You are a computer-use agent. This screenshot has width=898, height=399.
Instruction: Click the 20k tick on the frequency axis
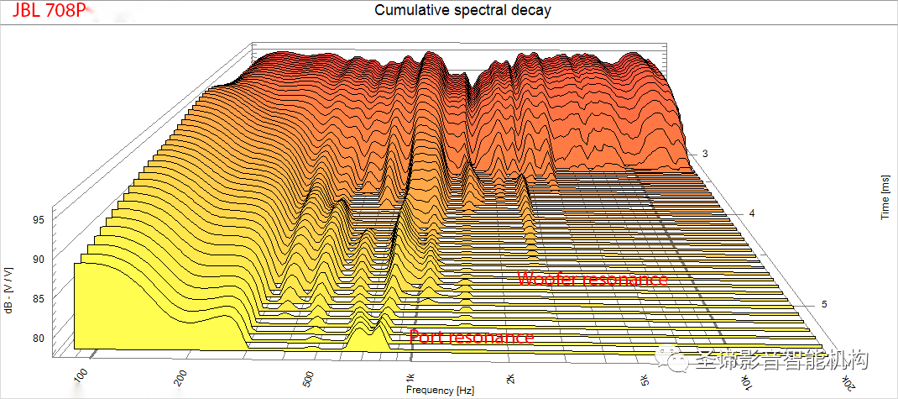[x=848, y=380]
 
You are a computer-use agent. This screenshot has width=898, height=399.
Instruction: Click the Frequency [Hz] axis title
[x=441, y=391]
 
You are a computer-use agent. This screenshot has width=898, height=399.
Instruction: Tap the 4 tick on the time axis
[x=752, y=213]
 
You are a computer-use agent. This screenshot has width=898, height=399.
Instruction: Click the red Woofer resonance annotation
[x=593, y=278]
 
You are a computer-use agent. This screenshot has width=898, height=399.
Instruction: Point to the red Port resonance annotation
[x=472, y=337]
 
